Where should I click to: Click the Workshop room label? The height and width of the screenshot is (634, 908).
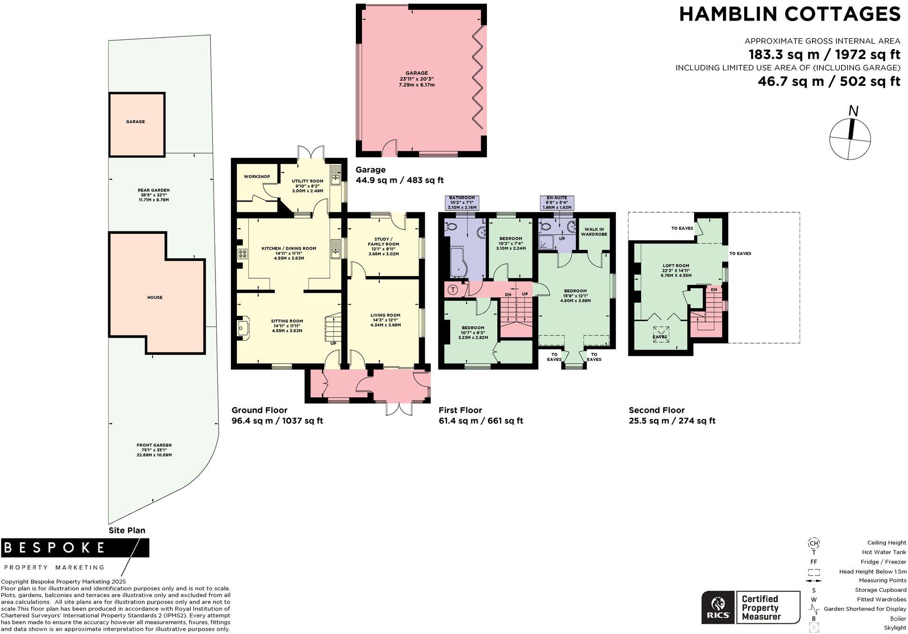[257, 177]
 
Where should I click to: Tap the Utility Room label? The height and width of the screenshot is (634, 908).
[307, 181]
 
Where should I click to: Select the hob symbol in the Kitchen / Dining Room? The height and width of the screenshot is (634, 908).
[243, 254]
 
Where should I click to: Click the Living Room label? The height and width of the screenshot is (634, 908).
[385, 315]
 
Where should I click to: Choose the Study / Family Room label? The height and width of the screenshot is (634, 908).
[383, 241]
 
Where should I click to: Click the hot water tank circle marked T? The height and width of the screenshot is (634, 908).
[453, 290]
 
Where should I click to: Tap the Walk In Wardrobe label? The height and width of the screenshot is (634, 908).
[594, 232]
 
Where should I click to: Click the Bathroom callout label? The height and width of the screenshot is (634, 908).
[462, 202]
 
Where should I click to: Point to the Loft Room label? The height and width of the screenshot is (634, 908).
[676, 266]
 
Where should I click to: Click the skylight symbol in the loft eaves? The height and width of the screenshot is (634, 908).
[661, 334]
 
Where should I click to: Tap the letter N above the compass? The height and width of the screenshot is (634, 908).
[854, 111]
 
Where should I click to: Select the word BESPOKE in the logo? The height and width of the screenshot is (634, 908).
[55, 547]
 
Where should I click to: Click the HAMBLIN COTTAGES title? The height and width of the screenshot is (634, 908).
[790, 15]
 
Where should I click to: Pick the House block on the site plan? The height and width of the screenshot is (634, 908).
[155, 297]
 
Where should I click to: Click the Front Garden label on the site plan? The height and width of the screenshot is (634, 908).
[154, 445]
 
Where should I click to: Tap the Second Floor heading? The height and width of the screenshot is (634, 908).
[657, 410]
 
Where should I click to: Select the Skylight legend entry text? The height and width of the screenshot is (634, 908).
[895, 628]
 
